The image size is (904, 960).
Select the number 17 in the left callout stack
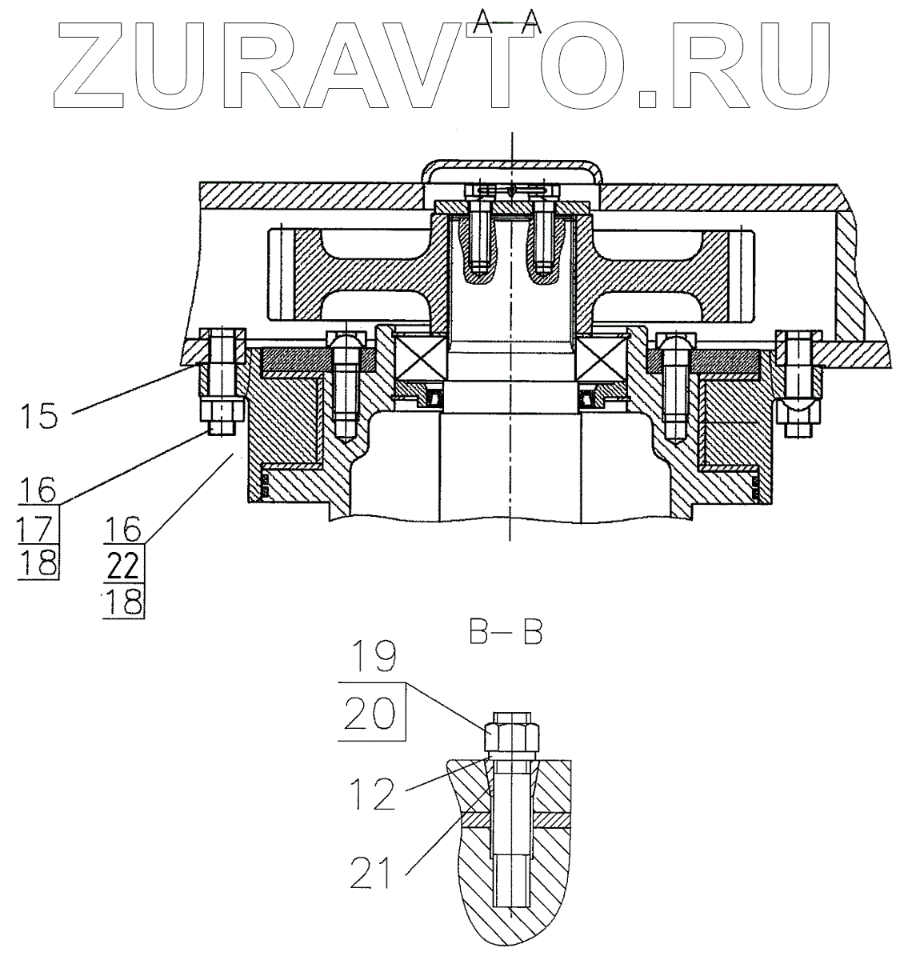[38, 528]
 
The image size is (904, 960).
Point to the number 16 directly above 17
[38, 490]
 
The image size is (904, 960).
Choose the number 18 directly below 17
[38, 562]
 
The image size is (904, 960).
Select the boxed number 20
[371, 710]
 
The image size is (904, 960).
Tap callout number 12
[373, 794]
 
